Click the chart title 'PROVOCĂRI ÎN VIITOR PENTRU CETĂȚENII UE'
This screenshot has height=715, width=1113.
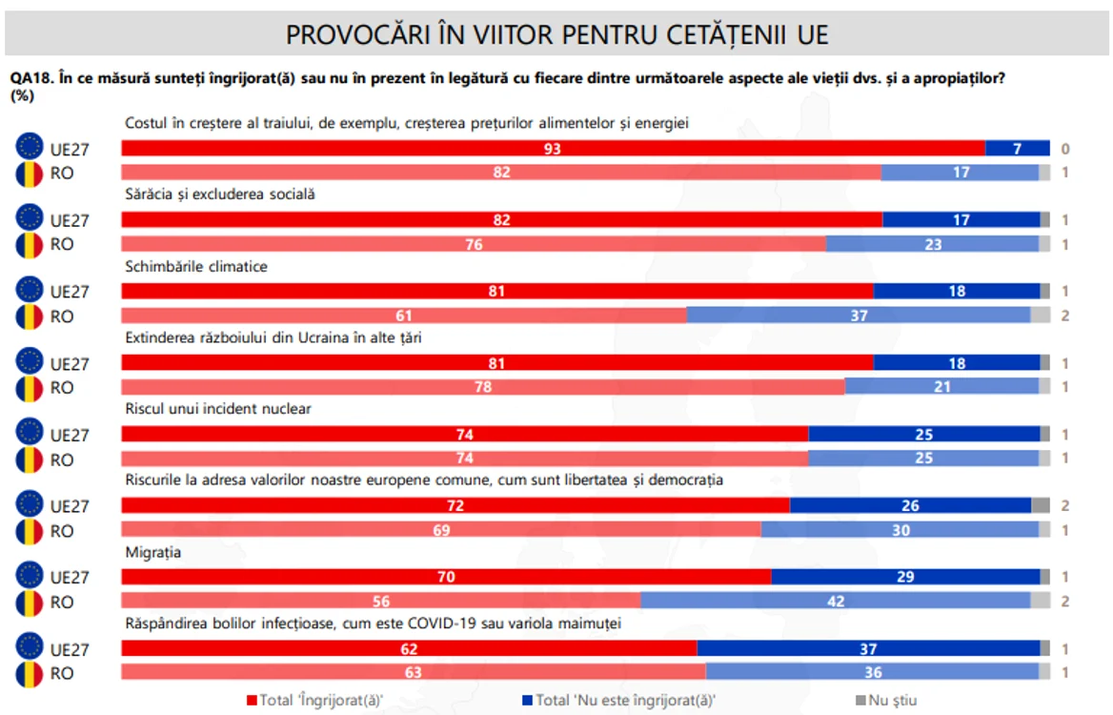556,34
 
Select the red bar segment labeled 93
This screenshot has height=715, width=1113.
553,149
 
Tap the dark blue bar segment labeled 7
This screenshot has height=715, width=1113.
1017,149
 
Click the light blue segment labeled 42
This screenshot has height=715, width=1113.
836,601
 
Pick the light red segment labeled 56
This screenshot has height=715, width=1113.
381,601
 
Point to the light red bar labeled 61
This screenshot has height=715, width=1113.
404,316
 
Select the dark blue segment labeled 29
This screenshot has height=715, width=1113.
905,577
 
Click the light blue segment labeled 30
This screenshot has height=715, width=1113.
901,530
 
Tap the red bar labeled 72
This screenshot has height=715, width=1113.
455,505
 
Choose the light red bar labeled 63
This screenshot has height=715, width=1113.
414,672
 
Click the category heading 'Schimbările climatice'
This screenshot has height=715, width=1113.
196,267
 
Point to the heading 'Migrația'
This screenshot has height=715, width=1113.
152,552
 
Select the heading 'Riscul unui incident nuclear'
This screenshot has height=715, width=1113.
218,409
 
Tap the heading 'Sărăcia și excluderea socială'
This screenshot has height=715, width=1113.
220,194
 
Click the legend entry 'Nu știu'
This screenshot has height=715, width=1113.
886,701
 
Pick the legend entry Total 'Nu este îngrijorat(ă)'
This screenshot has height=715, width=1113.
619,701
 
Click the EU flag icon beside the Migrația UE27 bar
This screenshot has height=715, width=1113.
30,575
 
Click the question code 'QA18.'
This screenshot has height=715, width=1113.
31,78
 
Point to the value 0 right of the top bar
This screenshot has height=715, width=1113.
1064,149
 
